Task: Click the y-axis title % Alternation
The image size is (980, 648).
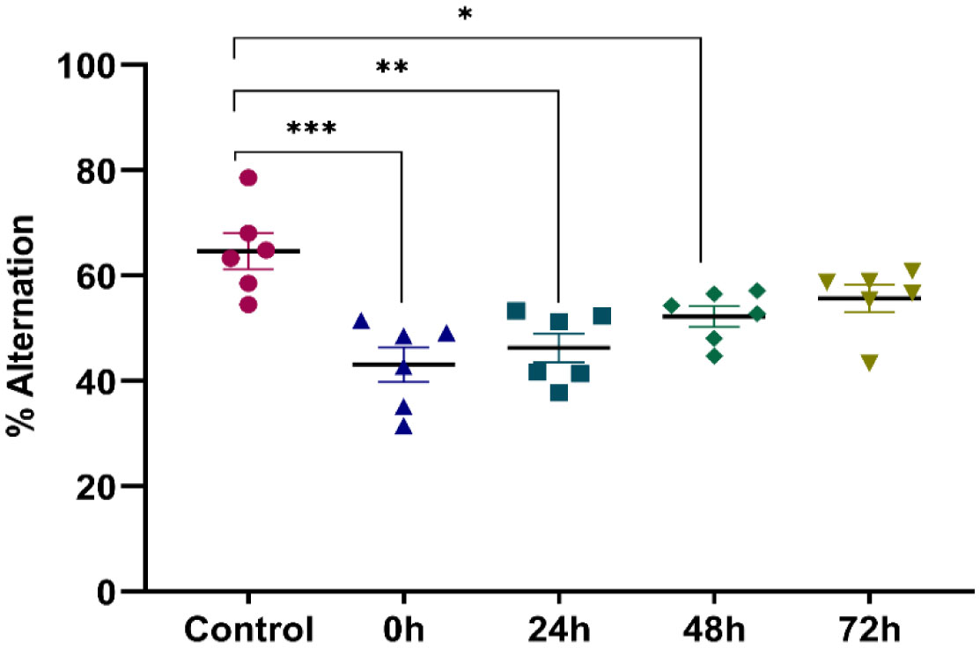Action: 24,326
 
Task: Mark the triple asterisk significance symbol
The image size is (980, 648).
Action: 311,129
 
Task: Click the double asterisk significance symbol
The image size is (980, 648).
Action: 391,68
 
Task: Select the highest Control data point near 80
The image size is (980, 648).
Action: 248,178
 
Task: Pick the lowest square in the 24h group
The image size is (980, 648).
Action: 559,393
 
